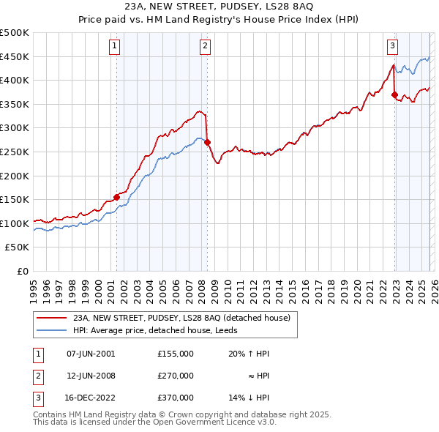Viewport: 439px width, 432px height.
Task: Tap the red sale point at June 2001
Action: point(116,197)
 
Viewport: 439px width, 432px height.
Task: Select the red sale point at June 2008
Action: point(207,142)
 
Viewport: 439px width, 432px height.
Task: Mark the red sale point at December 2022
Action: point(394,94)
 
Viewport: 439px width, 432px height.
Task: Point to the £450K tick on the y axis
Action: point(16,56)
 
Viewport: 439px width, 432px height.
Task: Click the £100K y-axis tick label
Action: point(16,223)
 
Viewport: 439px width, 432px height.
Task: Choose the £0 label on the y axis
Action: point(23,271)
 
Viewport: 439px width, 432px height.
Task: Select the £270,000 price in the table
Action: point(175,376)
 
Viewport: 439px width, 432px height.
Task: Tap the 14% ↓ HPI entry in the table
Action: point(249,398)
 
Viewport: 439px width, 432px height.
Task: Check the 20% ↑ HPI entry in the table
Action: point(249,354)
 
